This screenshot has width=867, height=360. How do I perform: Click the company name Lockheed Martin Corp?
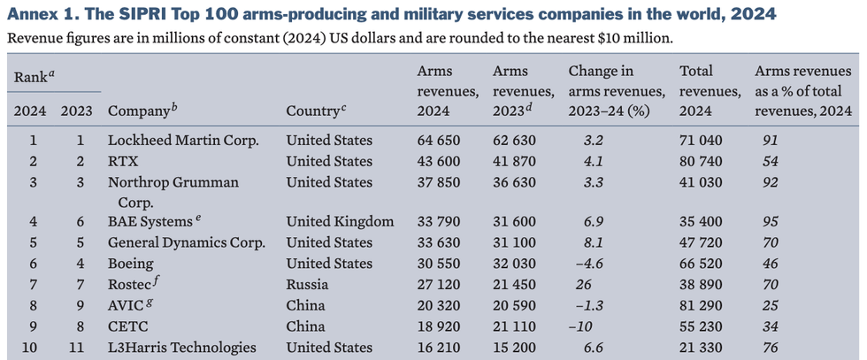tap(182, 140)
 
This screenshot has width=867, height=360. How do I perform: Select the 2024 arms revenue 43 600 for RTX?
tap(440, 161)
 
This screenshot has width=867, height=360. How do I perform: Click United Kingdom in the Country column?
tap(340, 221)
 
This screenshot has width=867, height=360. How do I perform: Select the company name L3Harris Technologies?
tap(183, 349)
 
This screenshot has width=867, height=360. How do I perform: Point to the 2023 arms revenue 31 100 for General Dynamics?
tap(515, 242)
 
